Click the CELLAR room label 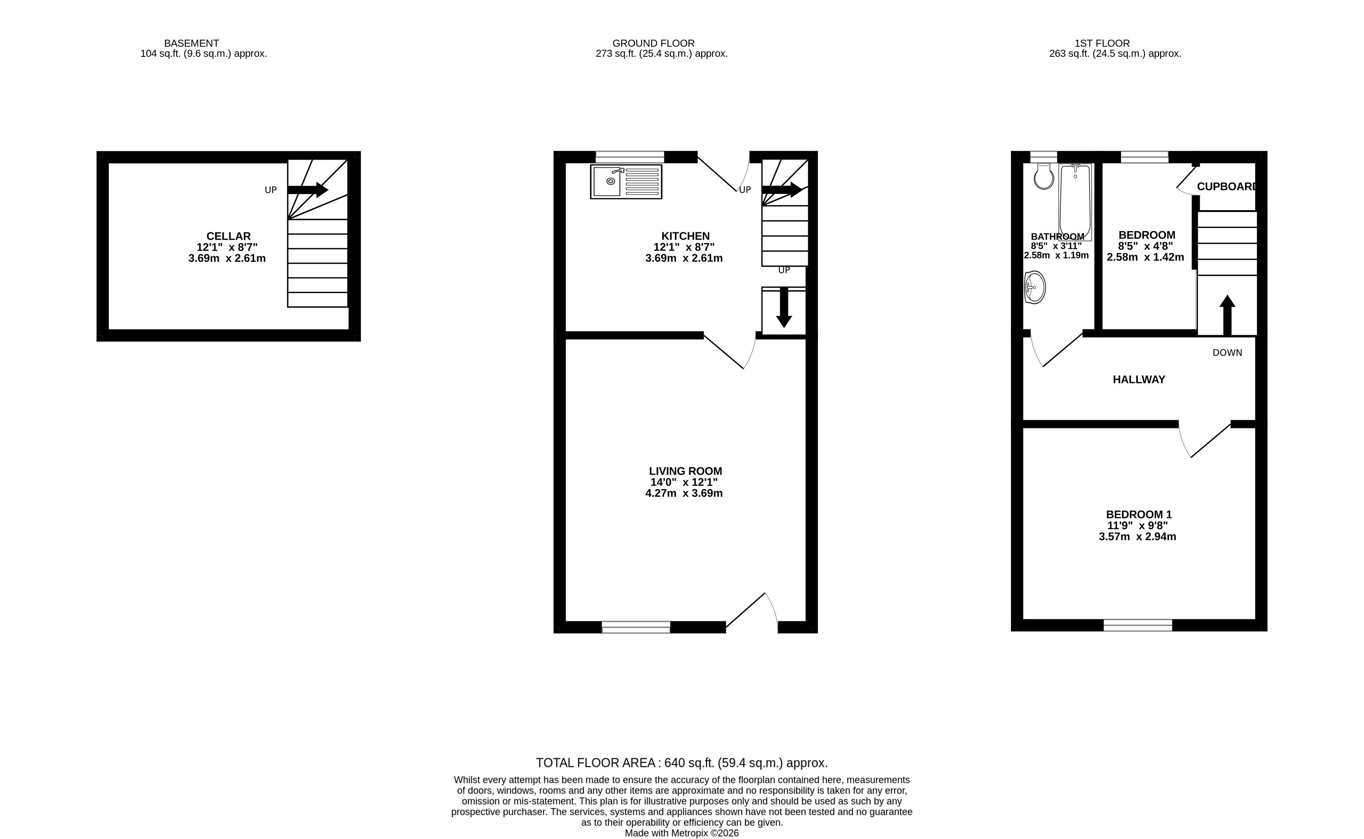pyautogui.click(x=228, y=236)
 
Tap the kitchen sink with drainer pyautogui.click(x=626, y=181)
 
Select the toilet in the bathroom pyautogui.click(x=1044, y=176)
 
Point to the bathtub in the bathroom pyautogui.click(x=1075, y=202)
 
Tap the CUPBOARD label pyautogui.click(x=1226, y=186)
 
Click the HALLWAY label pyautogui.click(x=1139, y=379)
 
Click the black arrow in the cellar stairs pyautogui.click(x=308, y=190)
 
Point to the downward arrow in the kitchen pyautogui.click(x=783, y=307)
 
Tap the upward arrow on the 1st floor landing pyautogui.click(x=1227, y=315)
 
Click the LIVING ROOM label pyautogui.click(x=685, y=471)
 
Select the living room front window pyautogui.click(x=636, y=627)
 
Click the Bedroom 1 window pyautogui.click(x=1138, y=625)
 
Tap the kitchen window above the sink pyautogui.click(x=630, y=157)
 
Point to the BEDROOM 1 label pyautogui.click(x=1139, y=514)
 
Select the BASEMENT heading pyautogui.click(x=191, y=43)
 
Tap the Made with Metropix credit pyautogui.click(x=681, y=833)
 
